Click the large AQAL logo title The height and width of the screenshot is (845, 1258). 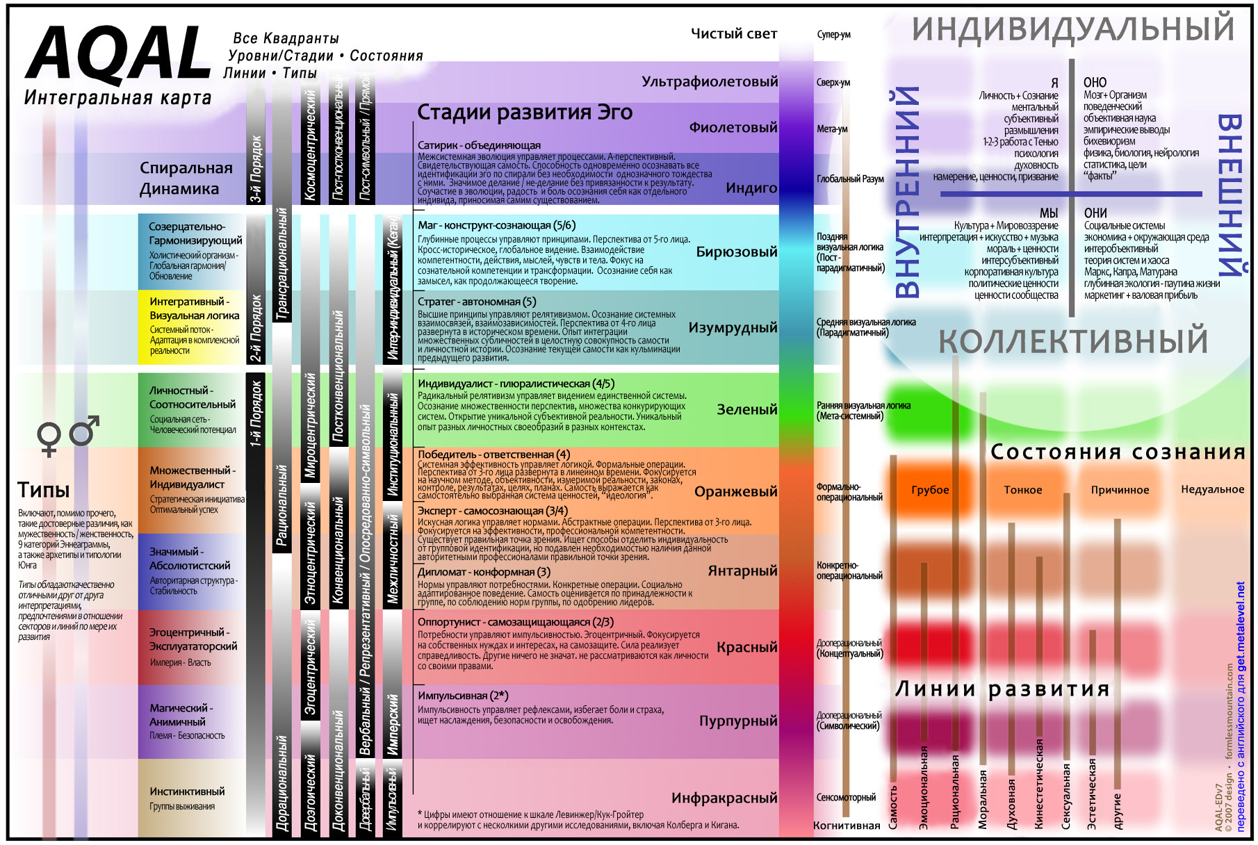point(118,54)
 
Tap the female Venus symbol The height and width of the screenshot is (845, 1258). point(49,438)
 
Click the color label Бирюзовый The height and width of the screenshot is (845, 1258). point(737,252)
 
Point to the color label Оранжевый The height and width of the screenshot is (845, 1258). point(735,492)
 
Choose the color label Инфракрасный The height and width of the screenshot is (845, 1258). point(724,798)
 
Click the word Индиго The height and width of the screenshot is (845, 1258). point(751,188)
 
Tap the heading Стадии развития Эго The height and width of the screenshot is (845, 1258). point(525,113)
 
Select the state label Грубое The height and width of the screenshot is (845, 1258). point(930,490)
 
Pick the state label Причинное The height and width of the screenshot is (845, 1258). point(1120,490)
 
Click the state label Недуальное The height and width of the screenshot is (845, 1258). point(1212,489)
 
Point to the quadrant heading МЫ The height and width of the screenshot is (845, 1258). point(1049,213)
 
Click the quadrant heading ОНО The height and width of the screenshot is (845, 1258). point(1095,83)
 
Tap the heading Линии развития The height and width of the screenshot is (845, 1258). point(1002,689)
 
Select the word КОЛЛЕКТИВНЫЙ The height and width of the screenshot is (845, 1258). point(1073,342)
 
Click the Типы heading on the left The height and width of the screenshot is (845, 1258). point(43,491)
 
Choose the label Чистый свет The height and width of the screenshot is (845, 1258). point(733,34)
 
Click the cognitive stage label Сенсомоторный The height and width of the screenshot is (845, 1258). point(846,798)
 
